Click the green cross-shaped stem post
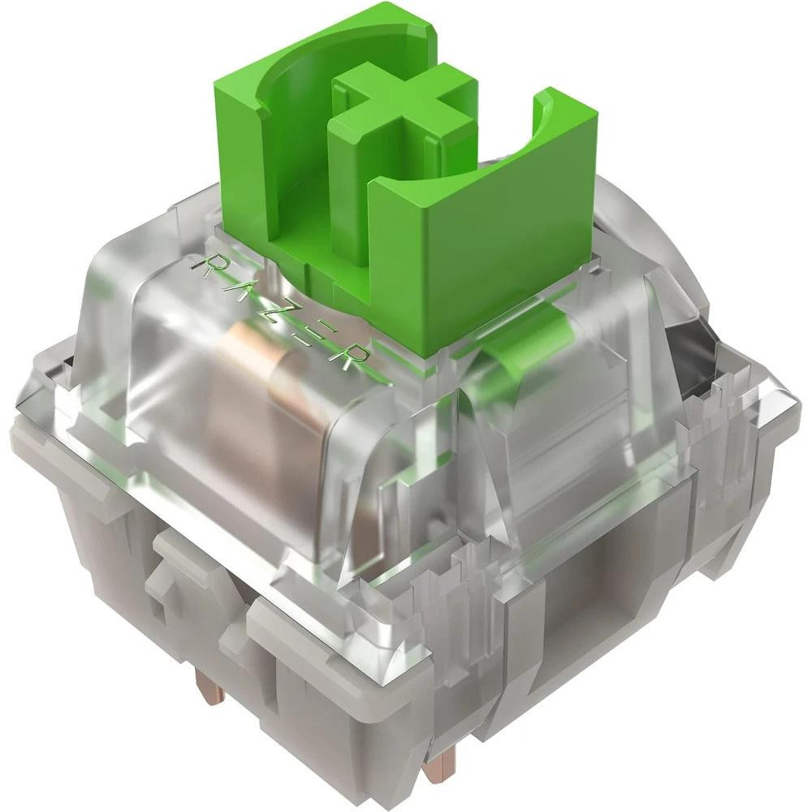pyautogui.click(x=404, y=114)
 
